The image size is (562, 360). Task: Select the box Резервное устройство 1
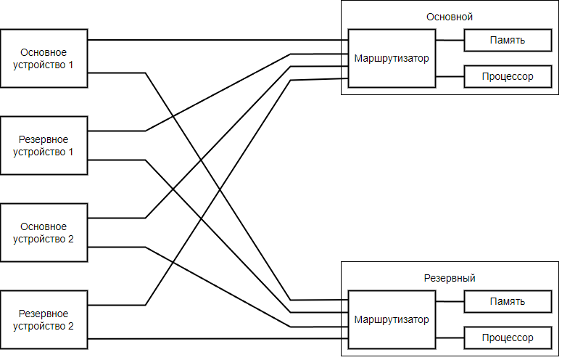click(x=44, y=145)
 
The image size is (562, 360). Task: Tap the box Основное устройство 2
click(x=44, y=232)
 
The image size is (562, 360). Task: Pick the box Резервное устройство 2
click(x=44, y=319)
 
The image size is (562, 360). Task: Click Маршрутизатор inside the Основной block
click(x=392, y=58)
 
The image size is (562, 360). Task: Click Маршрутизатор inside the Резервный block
click(x=392, y=319)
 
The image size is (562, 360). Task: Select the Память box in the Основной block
click(x=507, y=41)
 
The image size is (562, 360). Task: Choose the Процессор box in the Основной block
click(x=507, y=76)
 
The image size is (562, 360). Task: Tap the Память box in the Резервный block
click(x=507, y=301)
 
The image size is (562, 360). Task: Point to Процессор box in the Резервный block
click(x=507, y=337)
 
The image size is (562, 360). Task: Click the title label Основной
click(x=450, y=17)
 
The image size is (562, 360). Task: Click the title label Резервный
click(x=450, y=278)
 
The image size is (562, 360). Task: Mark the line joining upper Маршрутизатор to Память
click(x=450, y=41)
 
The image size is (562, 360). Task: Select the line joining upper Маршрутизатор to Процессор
click(x=450, y=76)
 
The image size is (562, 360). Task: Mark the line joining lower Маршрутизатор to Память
click(x=450, y=301)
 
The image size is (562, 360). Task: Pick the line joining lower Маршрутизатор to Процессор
click(x=450, y=337)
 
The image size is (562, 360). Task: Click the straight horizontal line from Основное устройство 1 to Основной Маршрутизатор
click(x=218, y=40)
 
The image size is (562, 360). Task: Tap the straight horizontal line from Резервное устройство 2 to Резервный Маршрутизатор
click(x=218, y=339)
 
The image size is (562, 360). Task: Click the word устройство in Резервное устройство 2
click(x=39, y=326)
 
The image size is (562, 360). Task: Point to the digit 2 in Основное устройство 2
click(x=70, y=239)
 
